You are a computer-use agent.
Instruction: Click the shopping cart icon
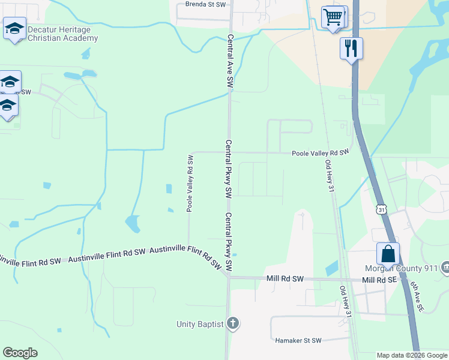tap(334, 16)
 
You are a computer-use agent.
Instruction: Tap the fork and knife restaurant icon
tap(351, 47)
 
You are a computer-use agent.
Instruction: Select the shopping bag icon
tap(388, 253)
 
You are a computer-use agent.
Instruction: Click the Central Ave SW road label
tap(229, 62)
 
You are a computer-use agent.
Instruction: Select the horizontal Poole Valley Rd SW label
tap(320, 153)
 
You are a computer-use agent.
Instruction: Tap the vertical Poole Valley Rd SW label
tap(189, 184)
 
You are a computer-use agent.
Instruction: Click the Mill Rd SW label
tap(285, 279)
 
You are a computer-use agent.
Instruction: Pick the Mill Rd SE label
tap(381, 280)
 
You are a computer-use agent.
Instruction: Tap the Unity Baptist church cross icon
tap(233, 324)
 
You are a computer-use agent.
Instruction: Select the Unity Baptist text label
tap(200, 324)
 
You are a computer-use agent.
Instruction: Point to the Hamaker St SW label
tap(298, 340)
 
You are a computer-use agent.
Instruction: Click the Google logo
tap(20, 353)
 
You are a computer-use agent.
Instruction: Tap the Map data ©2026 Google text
tap(412, 355)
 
